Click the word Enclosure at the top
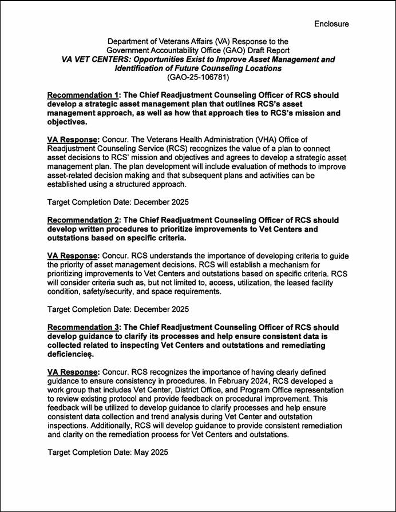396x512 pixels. click(331, 23)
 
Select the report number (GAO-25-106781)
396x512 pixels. click(198, 77)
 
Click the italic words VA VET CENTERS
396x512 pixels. click(95, 59)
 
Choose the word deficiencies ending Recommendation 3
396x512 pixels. click(71, 355)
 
